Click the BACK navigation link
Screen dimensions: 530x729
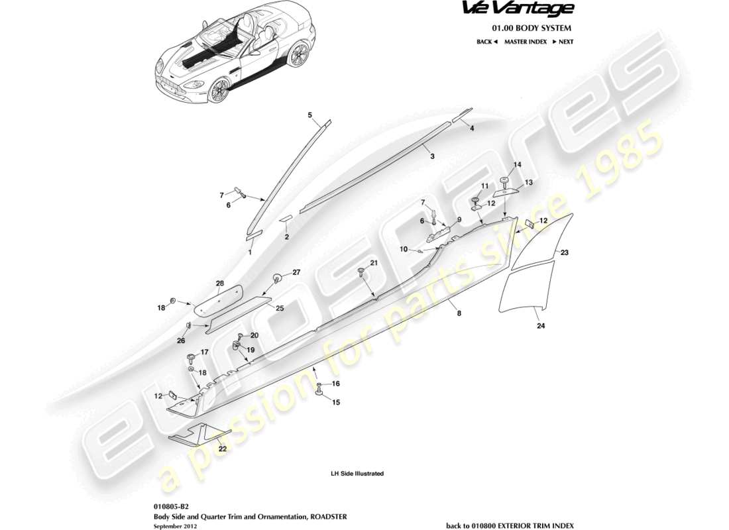coord(486,42)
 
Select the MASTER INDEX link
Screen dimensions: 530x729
coord(525,42)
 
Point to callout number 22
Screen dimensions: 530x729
coord(223,449)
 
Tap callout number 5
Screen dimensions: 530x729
coord(309,115)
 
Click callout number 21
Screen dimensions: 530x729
coord(374,264)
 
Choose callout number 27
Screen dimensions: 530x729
coord(296,272)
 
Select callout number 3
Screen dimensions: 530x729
coord(432,157)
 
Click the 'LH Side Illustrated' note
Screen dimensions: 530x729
coord(357,474)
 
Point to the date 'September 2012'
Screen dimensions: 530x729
coord(175,525)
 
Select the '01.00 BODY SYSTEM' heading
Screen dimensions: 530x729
coord(531,28)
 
